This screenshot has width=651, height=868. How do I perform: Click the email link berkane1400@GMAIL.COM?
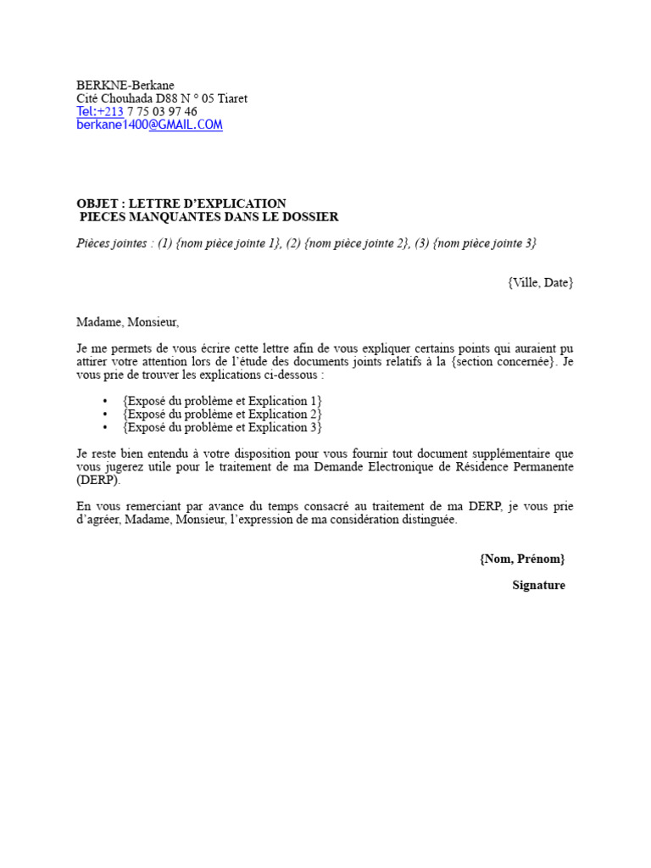(x=149, y=125)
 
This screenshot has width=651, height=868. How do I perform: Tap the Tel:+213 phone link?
(x=100, y=112)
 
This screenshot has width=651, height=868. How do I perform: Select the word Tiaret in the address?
(x=232, y=98)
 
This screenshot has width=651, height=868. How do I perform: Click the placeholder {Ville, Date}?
(x=541, y=282)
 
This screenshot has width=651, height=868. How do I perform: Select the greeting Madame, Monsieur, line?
(x=128, y=322)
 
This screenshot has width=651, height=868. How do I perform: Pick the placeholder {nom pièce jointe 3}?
(x=484, y=243)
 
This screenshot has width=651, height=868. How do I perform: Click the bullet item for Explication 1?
(x=222, y=401)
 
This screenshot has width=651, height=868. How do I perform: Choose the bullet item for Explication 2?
(x=222, y=415)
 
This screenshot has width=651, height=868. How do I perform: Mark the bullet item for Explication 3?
(x=222, y=427)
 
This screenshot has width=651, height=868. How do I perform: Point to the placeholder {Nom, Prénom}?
(x=521, y=559)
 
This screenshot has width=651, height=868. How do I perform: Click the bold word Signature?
(x=538, y=586)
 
